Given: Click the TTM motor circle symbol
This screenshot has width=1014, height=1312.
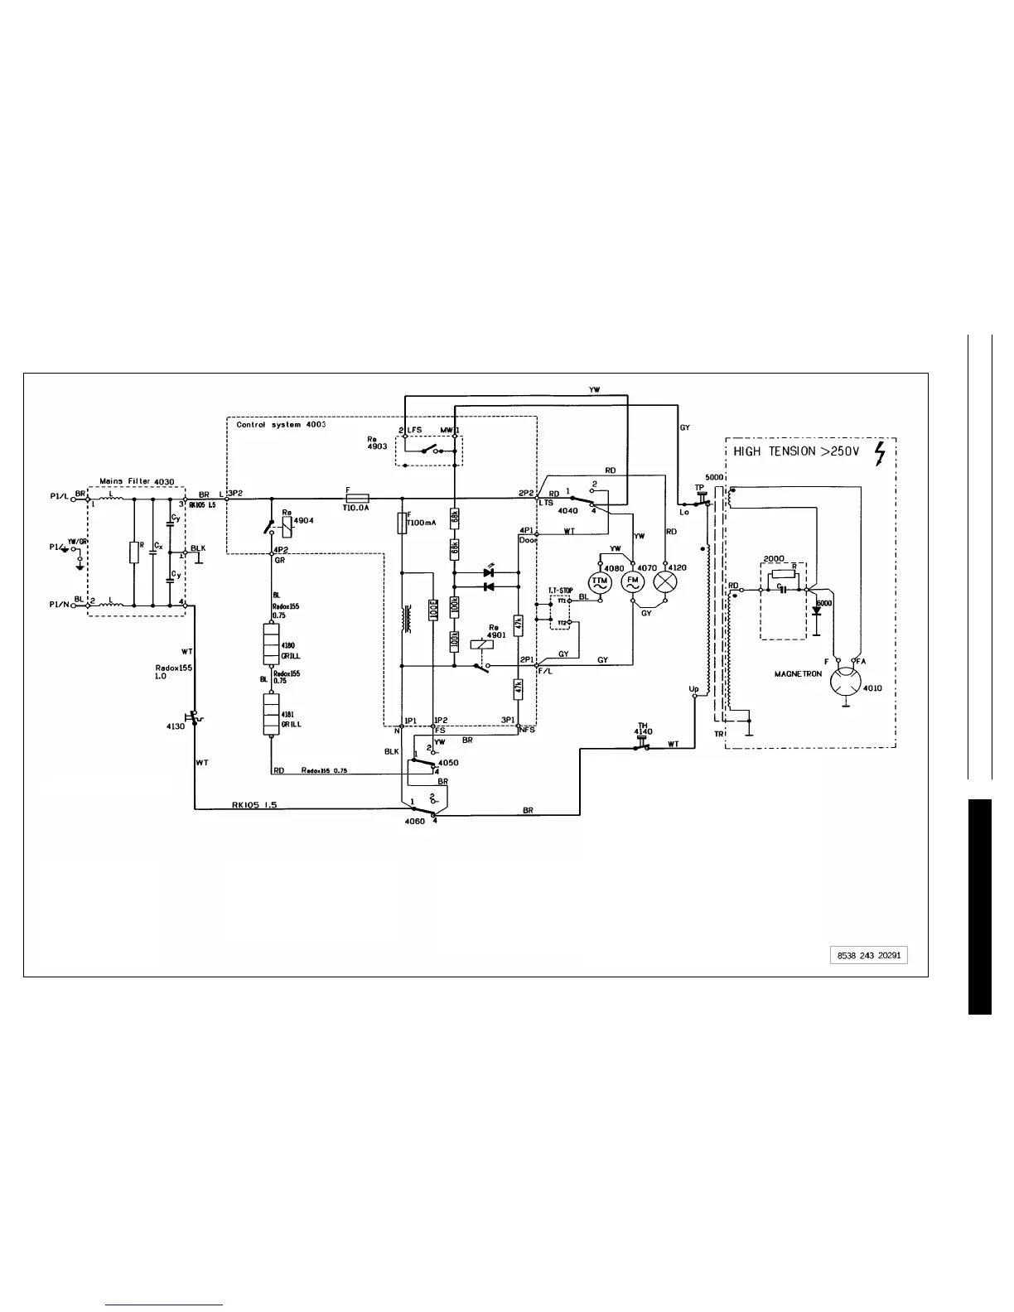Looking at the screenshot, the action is [599, 581].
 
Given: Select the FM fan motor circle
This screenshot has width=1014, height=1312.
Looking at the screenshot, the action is [632, 581].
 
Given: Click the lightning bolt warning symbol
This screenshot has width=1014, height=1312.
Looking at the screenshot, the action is [880, 453].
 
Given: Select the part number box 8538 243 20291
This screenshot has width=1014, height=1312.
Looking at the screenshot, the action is [868, 955].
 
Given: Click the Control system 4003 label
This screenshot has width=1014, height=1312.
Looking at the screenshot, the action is [281, 425].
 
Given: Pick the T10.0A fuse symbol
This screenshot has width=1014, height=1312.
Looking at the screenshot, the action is [356, 498].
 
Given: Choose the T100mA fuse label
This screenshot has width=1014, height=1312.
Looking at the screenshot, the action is [422, 523].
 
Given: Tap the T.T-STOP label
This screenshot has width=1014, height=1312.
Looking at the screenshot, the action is [561, 590].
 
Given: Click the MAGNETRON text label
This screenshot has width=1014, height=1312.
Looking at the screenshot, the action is [798, 674].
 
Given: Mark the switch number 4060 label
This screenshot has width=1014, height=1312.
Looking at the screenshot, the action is [414, 821].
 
